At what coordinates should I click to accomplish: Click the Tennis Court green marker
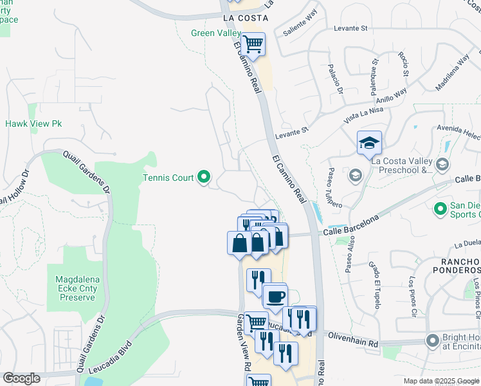click(x=204, y=176)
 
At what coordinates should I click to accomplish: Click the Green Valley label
click(x=215, y=33)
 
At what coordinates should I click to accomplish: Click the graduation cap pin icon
click(x=369, y=143)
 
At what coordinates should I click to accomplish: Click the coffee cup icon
click(x=275, y=297)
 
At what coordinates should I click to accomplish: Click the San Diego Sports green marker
click(x=440, y=208)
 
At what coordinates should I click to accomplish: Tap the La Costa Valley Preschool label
click(x=403, y=165)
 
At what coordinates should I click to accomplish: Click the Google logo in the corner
click(x=21, y=378)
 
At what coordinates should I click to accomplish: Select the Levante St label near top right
click(x=350, y=28)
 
